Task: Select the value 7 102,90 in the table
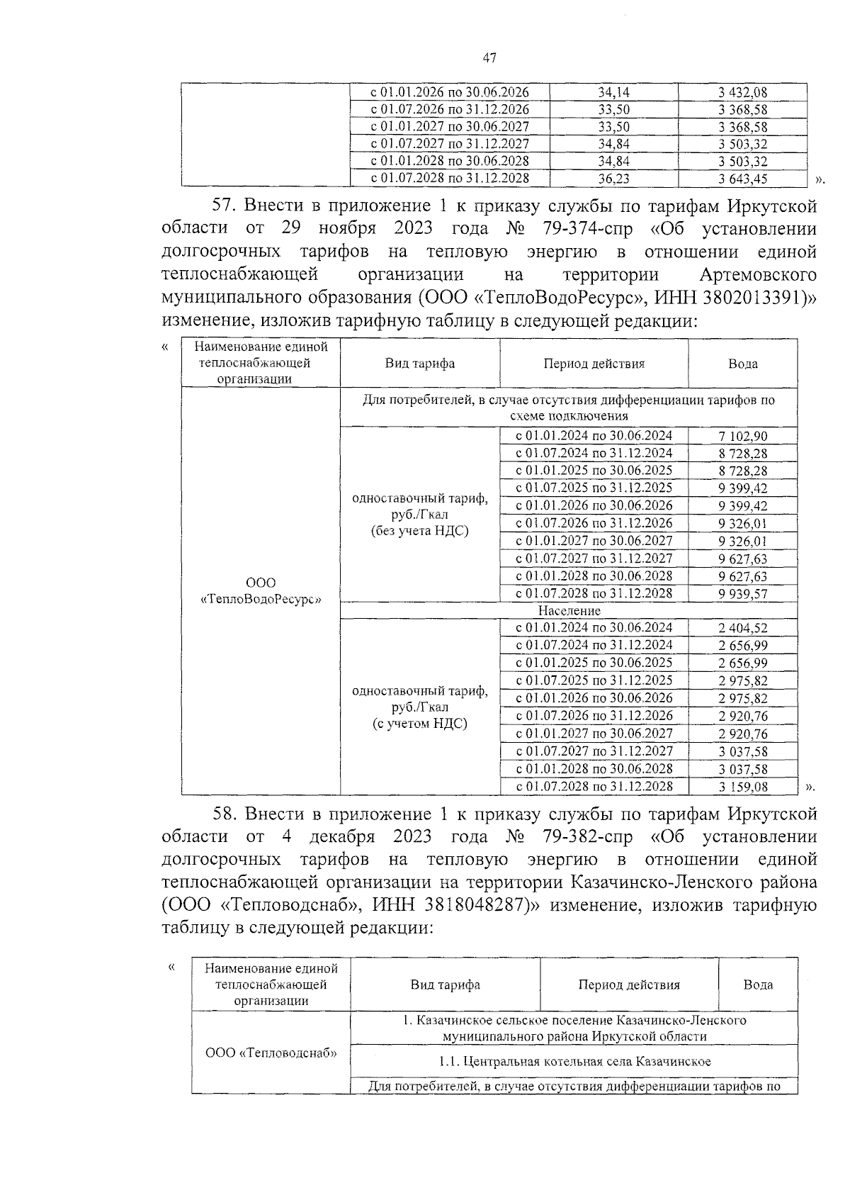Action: [x=742, y=437]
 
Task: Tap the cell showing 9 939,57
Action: [x=742, y=594]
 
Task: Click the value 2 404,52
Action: [x=742, y=628]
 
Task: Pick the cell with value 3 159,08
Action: [x=742, y=787]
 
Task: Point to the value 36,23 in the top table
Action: [x=613, y=179]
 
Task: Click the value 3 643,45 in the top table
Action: [x=742, y=179]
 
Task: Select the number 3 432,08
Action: [x=742, y=93]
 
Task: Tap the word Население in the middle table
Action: [x=569, y=610]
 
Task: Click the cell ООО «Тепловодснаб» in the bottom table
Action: [x=271, y=1053]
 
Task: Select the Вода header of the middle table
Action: [x=742, y=364]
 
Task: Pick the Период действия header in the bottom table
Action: [x=628, y=984]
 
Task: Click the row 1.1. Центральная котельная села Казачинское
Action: [x=574, y=1061]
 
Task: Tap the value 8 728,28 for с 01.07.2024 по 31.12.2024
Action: [x=742, y=454]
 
